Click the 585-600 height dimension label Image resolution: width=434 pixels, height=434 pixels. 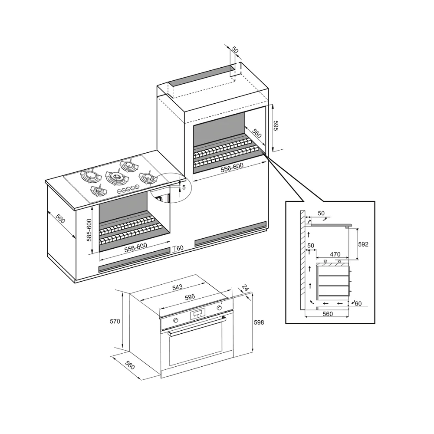click(x=89, y=230)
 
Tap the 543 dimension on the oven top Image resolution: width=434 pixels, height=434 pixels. click(x=178, y=287)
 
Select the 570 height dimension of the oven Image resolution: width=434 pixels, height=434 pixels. click(x=115, y=321)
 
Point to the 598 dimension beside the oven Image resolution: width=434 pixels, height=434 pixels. click(x=259, y=322)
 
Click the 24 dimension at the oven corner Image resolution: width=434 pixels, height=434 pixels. click(x=245, y=288)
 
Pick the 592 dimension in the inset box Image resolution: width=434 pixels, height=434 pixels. click(x=363, y=244)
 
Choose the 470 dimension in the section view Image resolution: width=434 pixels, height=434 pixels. click(x=335, y=254)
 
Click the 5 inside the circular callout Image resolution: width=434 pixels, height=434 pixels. click(x=184, y=187)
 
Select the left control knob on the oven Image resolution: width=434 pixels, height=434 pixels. click(x=175, y=321)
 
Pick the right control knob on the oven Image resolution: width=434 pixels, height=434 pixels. click(x=220, y=308)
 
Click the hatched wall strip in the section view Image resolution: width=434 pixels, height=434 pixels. click(x=302, y=260)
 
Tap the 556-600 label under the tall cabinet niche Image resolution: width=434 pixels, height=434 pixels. click(x=232, y=168)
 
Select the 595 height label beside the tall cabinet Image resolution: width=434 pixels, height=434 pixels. click(x=276, y=125)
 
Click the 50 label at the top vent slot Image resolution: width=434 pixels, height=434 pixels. click(x=235, y=50)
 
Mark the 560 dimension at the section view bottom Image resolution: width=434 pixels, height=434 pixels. click(x=328, y=314)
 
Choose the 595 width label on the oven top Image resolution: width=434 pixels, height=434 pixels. click(x=190, y=297)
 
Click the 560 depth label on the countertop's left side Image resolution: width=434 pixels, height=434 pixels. click(x=60, y=218)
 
